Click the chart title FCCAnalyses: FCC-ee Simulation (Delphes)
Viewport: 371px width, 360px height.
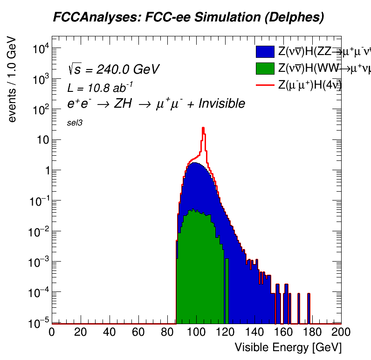click(188, 18)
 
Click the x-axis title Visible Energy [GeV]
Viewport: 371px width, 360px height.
click(288, 347)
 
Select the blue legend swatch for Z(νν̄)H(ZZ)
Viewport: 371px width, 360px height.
click(265, 52)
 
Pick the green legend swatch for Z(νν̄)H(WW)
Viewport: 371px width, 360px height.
click(265, 69)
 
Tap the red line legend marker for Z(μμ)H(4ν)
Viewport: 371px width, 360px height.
click(265, 85)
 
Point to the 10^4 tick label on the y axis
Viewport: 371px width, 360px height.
click(38, 49)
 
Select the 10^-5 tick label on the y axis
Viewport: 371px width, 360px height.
click(36, 323)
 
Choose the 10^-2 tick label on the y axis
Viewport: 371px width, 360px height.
click(36, 232)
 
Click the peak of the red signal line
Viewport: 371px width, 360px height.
click(203, 128)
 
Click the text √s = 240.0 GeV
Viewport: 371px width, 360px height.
click(113, 69)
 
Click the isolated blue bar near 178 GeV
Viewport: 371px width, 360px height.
click(309, 308)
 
